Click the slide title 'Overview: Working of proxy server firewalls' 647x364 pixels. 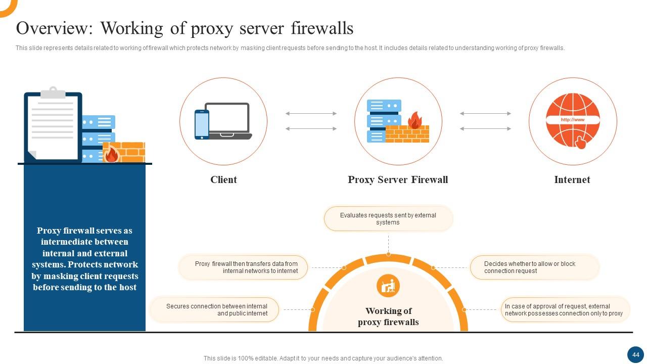pyautogui.click(x=184, y=28)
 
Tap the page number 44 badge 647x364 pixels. pyautogui.click(x=635, y=354)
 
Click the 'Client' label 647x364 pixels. pyautogui.click(x=223, y=179)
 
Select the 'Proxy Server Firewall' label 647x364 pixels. pyautogui.click(x=398, y=179)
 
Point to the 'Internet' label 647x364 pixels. pyautogui.click(x=572, y=179)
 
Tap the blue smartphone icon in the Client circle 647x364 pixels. pyautogui.click(x=202, y=124)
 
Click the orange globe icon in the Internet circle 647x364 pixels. pyautogui.click(x=573, y=121)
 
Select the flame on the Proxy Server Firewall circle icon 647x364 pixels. pyautogui.click(x=414, y=120)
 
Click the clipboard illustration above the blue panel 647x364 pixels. pyautogui.click(x=53, y=124)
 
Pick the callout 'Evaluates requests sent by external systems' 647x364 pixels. pyautogui.click(x=388, y=219)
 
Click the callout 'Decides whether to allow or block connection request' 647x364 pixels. pyautogui.click(x=534, y=267)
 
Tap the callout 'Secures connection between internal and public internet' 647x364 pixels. pyautogui.click(x=215, y=310)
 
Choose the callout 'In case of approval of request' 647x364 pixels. pyautogui.click(x=565, y=310)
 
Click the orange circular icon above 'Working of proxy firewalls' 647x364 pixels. pyautogui.click(x=388, y=286)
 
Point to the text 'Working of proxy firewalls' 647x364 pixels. pyautogui.click(x=388, y=316)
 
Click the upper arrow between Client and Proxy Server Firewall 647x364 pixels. pyautogui.click(x=311, y=114)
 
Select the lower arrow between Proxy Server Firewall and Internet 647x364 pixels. pyautogui.click(x=485, y=129)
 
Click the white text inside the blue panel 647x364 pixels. pyautogui.click(x=85, y=259)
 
